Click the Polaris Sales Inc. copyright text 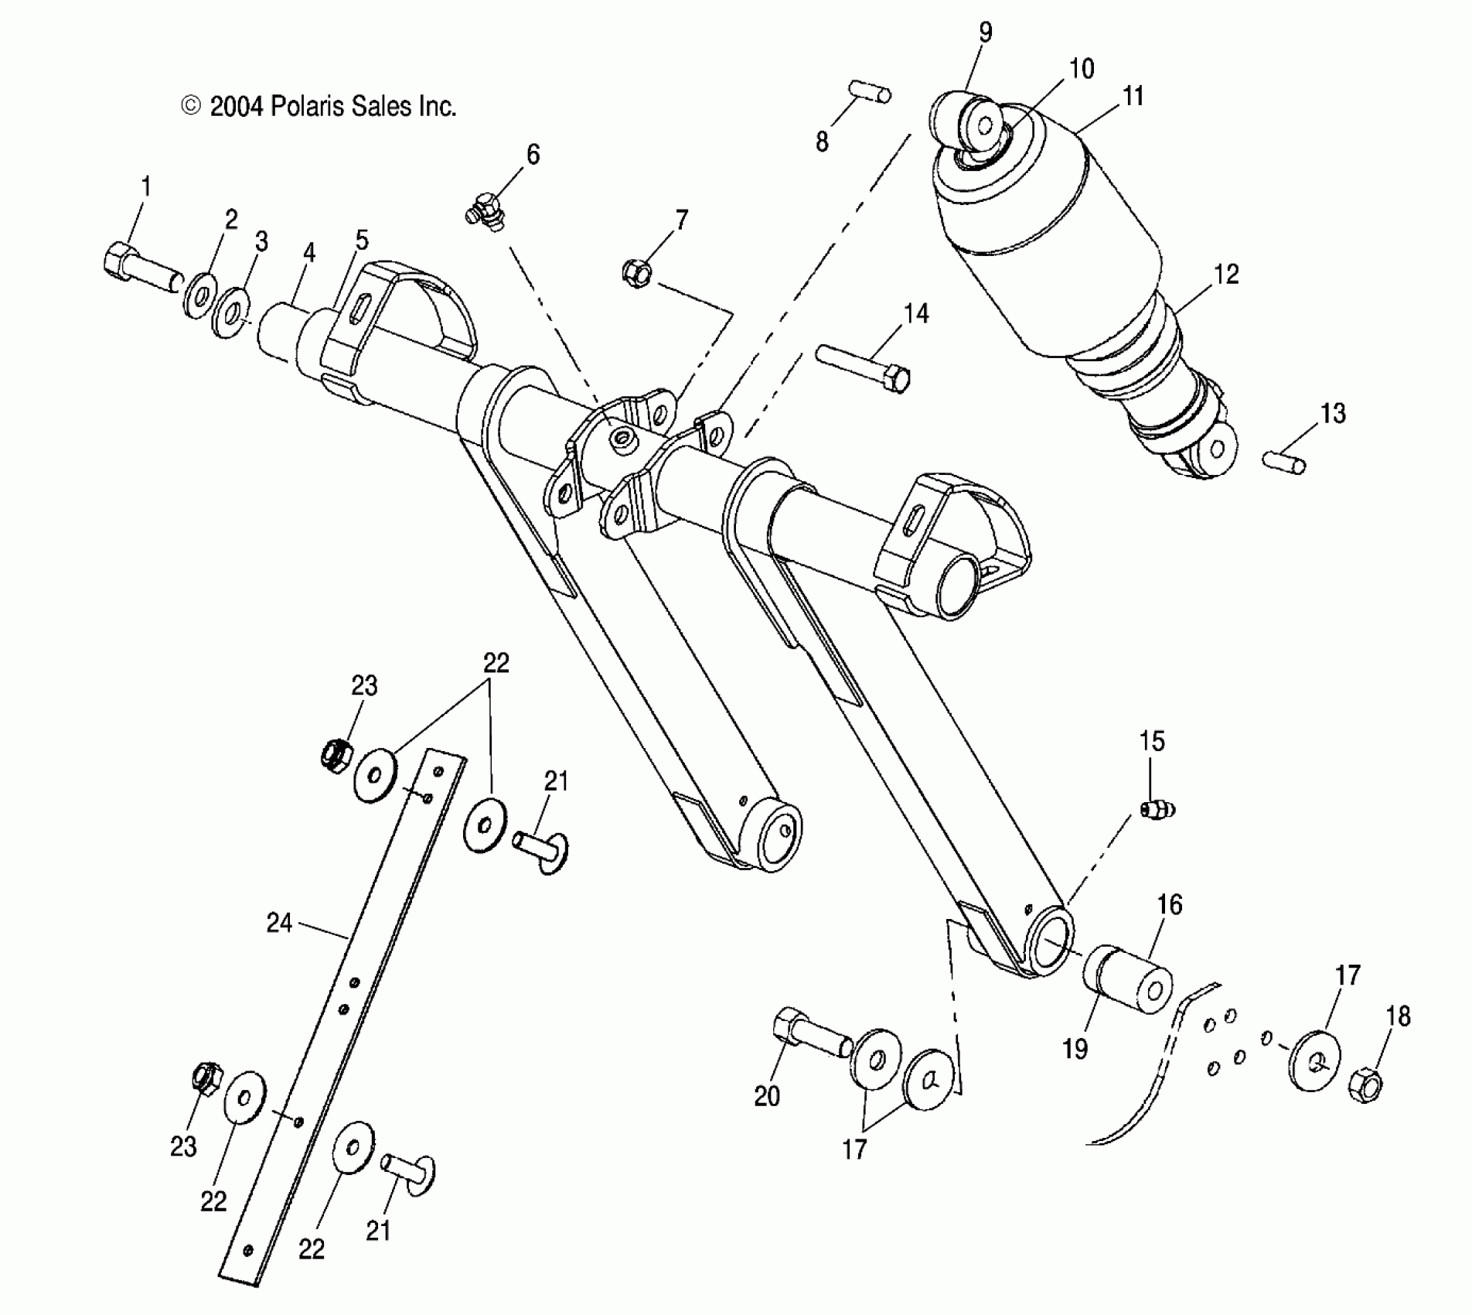tap(319, 106)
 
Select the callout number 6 tap(533, 155)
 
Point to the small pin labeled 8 tap(871, 91)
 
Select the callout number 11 tap(1133, 97)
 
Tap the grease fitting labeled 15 tap(1157, 809)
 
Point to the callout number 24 tap(279, 923)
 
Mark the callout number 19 tap(1075, 1048)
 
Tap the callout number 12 tap(1226, 274)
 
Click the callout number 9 tap(985, 32)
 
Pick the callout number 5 tap(362, 240)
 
